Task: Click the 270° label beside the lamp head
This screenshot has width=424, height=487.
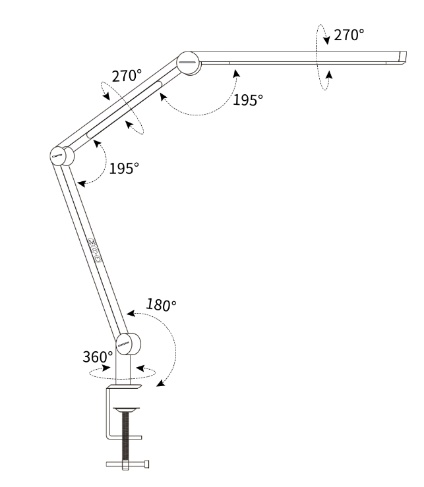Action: pyautogui.click(x=349, y=35)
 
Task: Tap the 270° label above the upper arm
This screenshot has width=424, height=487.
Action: pyautogui.click(x=127, y=76)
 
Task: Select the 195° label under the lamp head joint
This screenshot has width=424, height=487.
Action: pyautogui.click(x=248, y=100)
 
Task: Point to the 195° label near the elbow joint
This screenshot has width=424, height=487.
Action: pyautogui.click(x=124, y=168)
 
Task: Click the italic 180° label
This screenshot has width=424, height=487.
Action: pyautogui.click(x=161, y=304)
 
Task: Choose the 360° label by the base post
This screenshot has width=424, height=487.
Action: pyautogui.click(x=98, y=357)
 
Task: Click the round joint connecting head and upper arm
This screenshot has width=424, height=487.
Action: pyautogui.click(x=189, y=63)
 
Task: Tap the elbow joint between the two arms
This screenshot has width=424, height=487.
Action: pyautogui.click(x=62, y=156)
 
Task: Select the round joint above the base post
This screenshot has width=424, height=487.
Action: pyautogui.click(x=128, y=344)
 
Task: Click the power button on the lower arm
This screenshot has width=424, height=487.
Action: pyautogui.click(x=98, y=259)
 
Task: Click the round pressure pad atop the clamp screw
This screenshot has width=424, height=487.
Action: pyautogui.click(x=126, y=410)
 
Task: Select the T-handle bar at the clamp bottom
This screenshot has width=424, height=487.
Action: pyautogui.click(x=127, y=464)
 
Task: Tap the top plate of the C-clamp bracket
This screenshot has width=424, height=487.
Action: pyautogui.click(x=124, y=387)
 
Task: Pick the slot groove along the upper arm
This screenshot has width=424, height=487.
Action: pyautogui.click(x=125, y=109)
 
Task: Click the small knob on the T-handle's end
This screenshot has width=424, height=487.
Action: pyautogui.click(x=146, y=464)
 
